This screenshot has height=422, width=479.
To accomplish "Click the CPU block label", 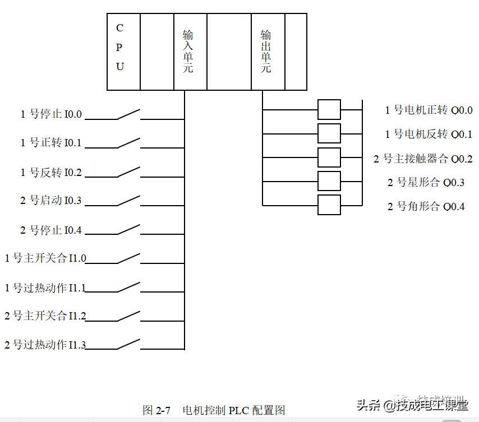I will [120, 47].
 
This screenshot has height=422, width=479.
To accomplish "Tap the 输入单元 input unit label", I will [187, 52].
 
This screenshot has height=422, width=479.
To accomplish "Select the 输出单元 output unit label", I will [266, 52].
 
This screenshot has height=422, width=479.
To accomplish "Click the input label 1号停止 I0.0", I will [51, 114].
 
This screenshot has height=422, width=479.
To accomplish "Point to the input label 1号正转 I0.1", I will [51, 143].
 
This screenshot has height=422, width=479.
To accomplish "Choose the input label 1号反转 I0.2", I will [51, 173].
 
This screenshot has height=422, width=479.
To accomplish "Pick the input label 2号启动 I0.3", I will [51, 201].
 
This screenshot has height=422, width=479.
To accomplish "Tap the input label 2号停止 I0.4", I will [51, 230].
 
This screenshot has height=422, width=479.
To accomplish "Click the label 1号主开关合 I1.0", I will [45, 258].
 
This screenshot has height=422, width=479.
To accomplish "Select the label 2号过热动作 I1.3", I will [45, 345].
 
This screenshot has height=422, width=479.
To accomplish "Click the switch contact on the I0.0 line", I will [129, 114].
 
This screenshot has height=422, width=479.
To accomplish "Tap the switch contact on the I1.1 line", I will [129, 287].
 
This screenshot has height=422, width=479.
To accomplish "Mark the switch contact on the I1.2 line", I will [129, 316].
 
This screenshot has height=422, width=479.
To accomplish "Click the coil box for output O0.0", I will [329, 110].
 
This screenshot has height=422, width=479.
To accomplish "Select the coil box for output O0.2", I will [329, 157].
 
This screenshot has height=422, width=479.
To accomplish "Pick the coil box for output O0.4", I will [329, 205].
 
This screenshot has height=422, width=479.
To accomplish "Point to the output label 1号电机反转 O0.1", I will [429, 135].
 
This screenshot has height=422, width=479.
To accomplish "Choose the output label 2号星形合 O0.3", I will [426, 183].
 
